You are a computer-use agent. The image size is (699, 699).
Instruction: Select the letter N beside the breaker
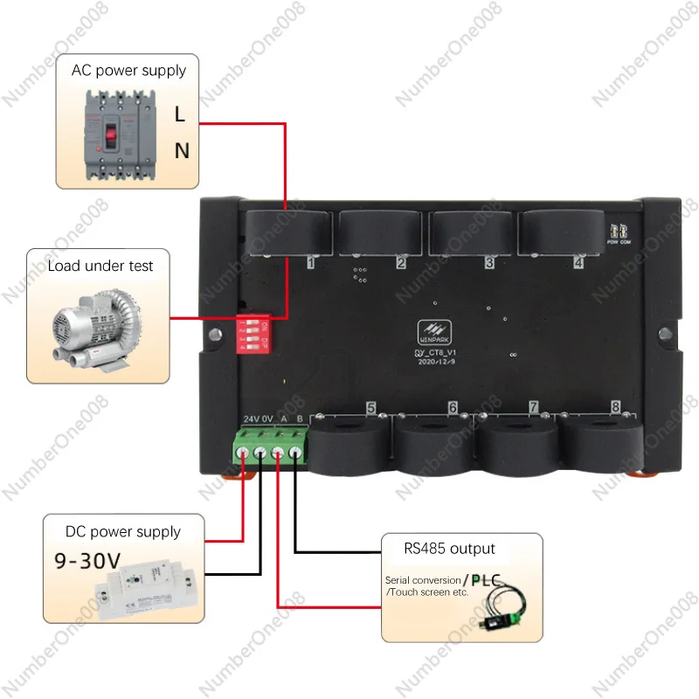[182, 151]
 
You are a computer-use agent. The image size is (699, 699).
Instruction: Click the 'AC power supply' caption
[128, 70]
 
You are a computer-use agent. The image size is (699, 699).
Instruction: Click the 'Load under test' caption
[100, 266]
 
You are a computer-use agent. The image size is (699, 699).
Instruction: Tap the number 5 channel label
[370, 408]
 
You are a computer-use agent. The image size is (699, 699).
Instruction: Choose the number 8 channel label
[616, 407]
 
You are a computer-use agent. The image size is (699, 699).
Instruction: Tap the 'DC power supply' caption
[123, 531]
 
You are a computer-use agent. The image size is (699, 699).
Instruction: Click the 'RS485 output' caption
[449, 549]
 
